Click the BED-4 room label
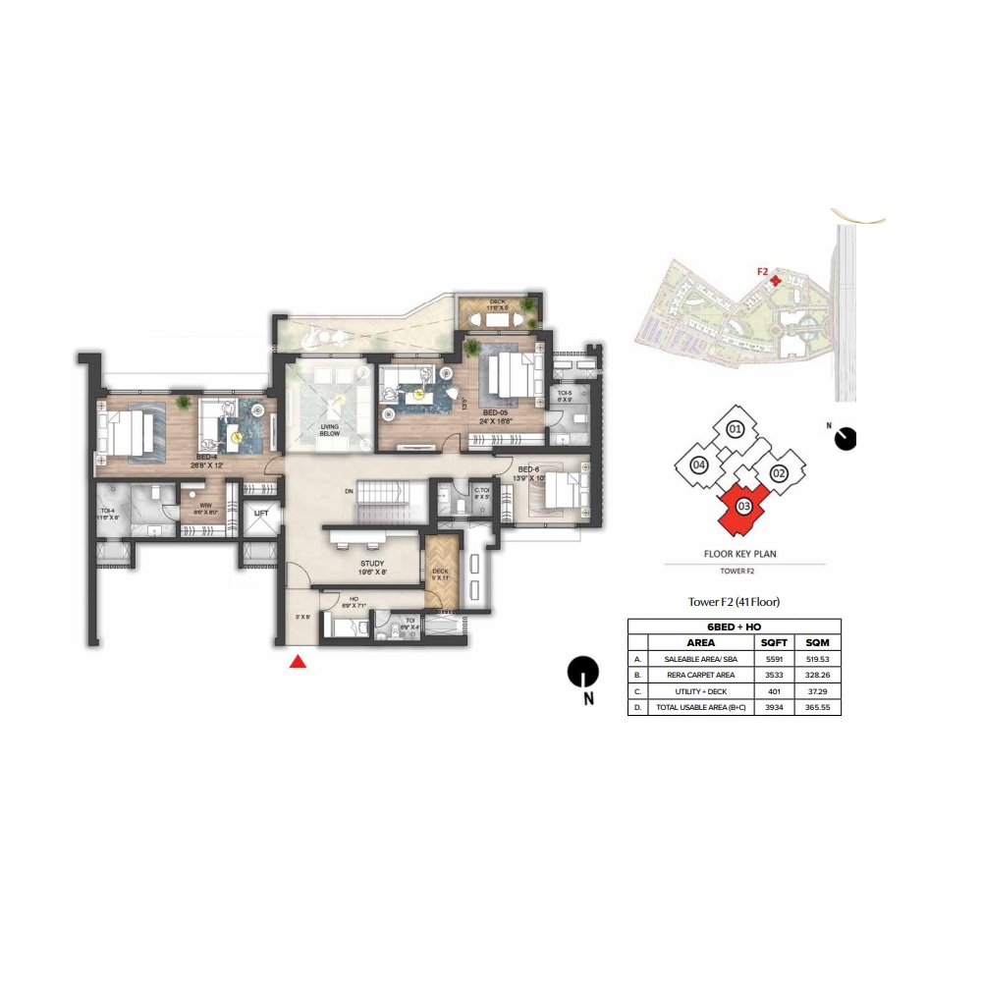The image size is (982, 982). [205, 457]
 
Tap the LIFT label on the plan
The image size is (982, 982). [261, 513]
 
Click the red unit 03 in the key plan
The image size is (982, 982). [743, 507]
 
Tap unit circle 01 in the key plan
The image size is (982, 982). [734, 428]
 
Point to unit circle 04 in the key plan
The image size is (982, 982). [699, 464]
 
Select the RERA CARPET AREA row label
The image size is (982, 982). [699, 675]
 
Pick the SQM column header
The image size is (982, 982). [817, 641]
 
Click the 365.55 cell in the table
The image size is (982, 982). [817, 707]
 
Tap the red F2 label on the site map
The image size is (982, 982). [762, 272]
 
